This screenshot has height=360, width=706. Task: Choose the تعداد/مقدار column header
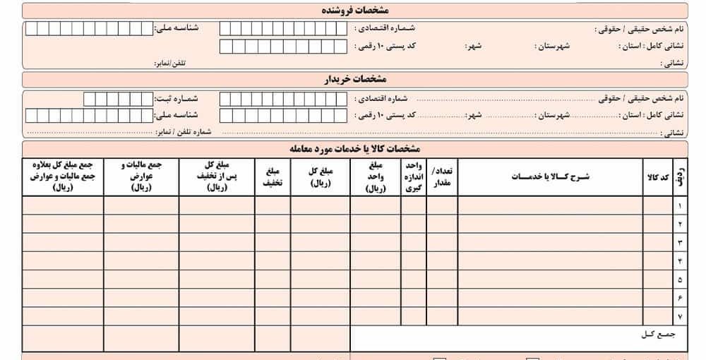(442, 176)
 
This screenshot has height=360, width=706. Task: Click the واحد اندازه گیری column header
(413, 176)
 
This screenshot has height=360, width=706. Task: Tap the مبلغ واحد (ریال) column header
(375, 176)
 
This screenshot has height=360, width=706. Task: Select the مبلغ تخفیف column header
(273, 176)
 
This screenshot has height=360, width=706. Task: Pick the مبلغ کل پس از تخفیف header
(217, 176)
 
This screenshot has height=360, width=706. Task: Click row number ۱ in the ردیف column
(679, 206)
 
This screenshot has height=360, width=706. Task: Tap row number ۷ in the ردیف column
(679, 316)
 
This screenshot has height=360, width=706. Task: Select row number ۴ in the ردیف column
(679, 261)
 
